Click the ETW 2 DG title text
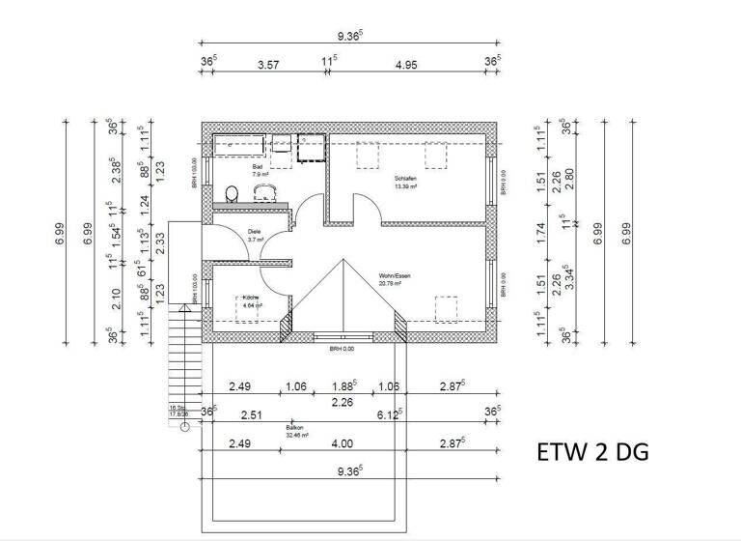point(591,452)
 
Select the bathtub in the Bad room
point(237,144)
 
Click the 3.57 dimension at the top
point(267,65)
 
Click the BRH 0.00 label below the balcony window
point(343,348)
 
